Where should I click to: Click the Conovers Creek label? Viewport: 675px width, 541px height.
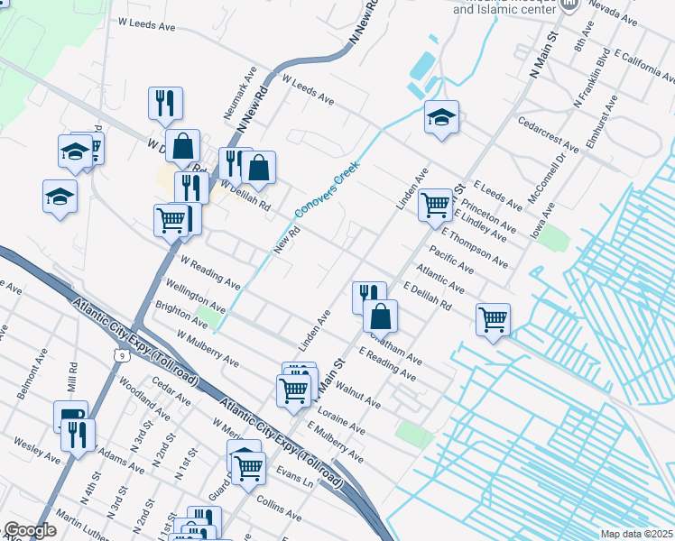coord(327,189)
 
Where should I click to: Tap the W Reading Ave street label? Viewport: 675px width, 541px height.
coord(210,270)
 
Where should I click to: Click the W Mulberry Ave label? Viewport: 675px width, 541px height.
coord(208,348)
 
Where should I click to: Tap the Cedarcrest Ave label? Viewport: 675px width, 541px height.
coord(549,133)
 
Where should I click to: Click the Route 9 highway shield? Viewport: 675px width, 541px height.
coord(121,356)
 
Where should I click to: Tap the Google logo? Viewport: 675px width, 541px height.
coord(30,530)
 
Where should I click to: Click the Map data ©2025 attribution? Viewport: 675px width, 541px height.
coord(636,534)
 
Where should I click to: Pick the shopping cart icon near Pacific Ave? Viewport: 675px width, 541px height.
coord(493,317)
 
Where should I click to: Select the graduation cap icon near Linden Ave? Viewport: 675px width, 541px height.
coord(441,116)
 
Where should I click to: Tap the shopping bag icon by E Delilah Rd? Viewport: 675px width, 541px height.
coord(380,315)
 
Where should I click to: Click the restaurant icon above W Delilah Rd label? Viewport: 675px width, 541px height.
coord(165,103)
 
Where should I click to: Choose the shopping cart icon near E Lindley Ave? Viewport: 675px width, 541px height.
coord(435,204)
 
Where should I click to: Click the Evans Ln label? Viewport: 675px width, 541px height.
coord(294,473)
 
